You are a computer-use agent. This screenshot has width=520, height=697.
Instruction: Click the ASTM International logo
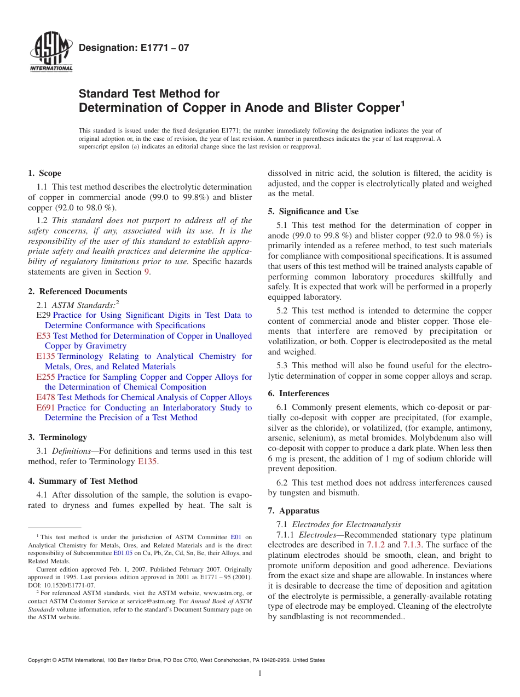tap(51, 53)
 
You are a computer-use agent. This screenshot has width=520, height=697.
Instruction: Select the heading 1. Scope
tap(44, 173)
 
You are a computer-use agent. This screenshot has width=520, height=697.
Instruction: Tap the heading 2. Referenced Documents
tap(77, 292)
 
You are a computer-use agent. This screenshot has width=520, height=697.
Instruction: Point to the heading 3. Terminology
tap(57, 437)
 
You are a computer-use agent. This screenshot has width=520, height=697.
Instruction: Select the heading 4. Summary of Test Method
tap(83, 481)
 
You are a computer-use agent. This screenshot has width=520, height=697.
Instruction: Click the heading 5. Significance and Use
tap(313, 212)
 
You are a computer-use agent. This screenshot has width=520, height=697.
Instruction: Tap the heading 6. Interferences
tap(298, 393)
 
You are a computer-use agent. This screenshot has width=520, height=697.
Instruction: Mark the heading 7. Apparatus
tap(293, 511)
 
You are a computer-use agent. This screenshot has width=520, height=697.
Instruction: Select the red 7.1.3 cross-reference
tap(412, 545)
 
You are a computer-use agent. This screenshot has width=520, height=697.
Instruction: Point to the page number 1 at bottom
tap(260, 673)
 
